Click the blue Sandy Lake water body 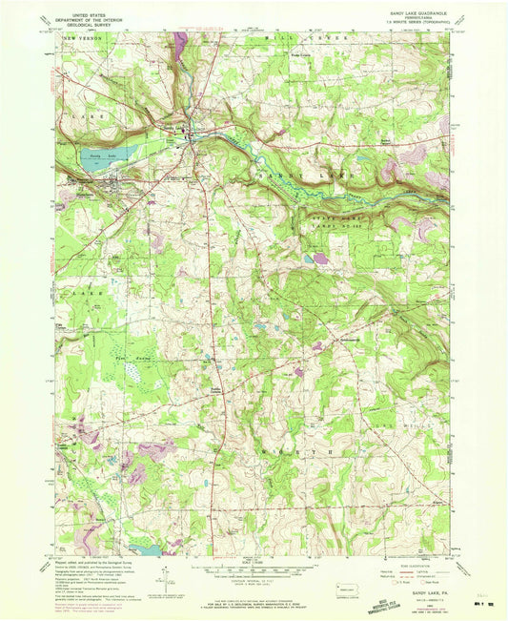pos(95,161)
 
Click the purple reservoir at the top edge pos(180,39)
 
